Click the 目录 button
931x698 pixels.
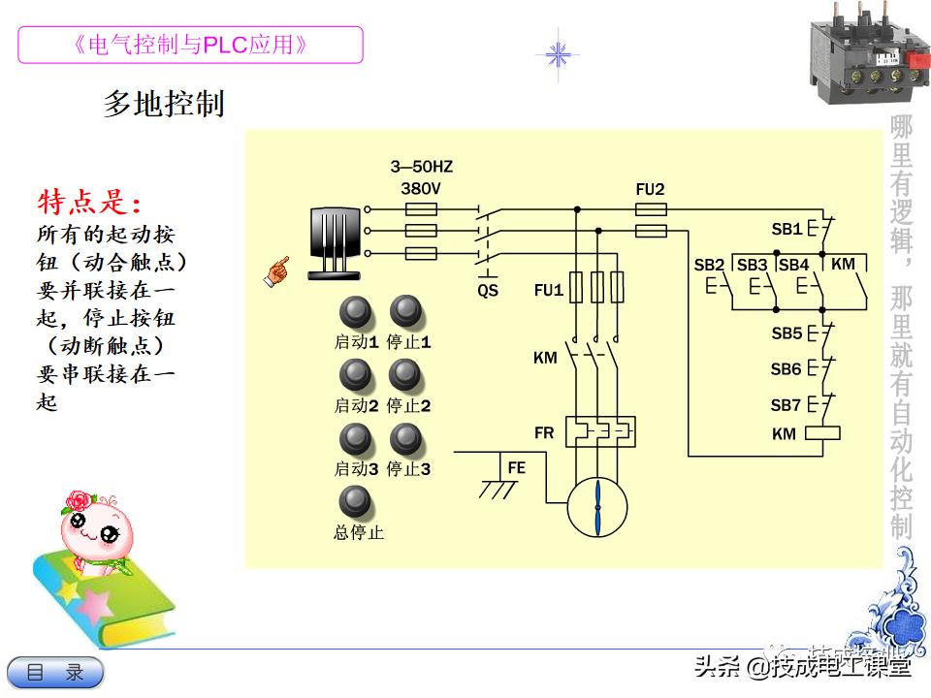(55, 672)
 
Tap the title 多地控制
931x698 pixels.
(164, 103)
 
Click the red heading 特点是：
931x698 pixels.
(89, 204)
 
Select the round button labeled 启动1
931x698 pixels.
(356, 312)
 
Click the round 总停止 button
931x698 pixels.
(356, 501)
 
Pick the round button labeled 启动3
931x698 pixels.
(356, 439)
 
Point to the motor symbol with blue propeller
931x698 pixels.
(597, 505)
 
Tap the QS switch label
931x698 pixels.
(488, 290)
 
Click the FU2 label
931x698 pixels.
(650, 190)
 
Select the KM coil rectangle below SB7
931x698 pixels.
(822, 433)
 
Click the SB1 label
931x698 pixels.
(787, 230)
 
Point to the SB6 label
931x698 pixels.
(787, 369)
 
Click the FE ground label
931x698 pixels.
(516, 467)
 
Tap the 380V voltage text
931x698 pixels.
(420, 188)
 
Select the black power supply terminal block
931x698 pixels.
(335, 243)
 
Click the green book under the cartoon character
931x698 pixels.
(102, 601)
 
